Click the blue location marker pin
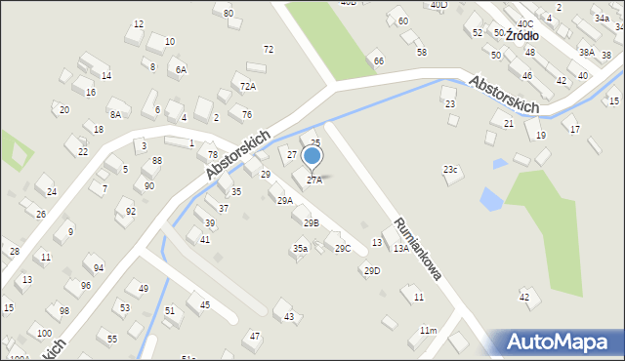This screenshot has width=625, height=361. click(312, 156)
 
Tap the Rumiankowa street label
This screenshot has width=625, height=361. click(418, 250)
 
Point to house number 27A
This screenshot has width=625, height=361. click(314, 180)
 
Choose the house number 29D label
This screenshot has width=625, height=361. click(372, 270)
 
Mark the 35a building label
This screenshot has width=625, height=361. click(301, 249)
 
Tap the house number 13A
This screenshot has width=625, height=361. click(401, 249)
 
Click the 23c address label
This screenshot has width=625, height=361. click(450, 170)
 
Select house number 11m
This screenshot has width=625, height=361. click(428, 331)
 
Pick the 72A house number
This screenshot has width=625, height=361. click(248, 87)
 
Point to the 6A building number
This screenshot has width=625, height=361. click(181, 70)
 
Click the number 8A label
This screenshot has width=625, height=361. click(115, 114)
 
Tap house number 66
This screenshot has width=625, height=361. click(378, 60)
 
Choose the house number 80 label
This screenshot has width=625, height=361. click(229, 13)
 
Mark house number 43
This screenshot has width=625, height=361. click(289, 317)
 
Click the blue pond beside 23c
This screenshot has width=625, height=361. click(491, 200)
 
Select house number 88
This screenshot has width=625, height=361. click(156, 161)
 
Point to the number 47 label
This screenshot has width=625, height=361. click(255, 336)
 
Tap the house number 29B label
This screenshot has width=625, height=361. click(311, 223)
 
